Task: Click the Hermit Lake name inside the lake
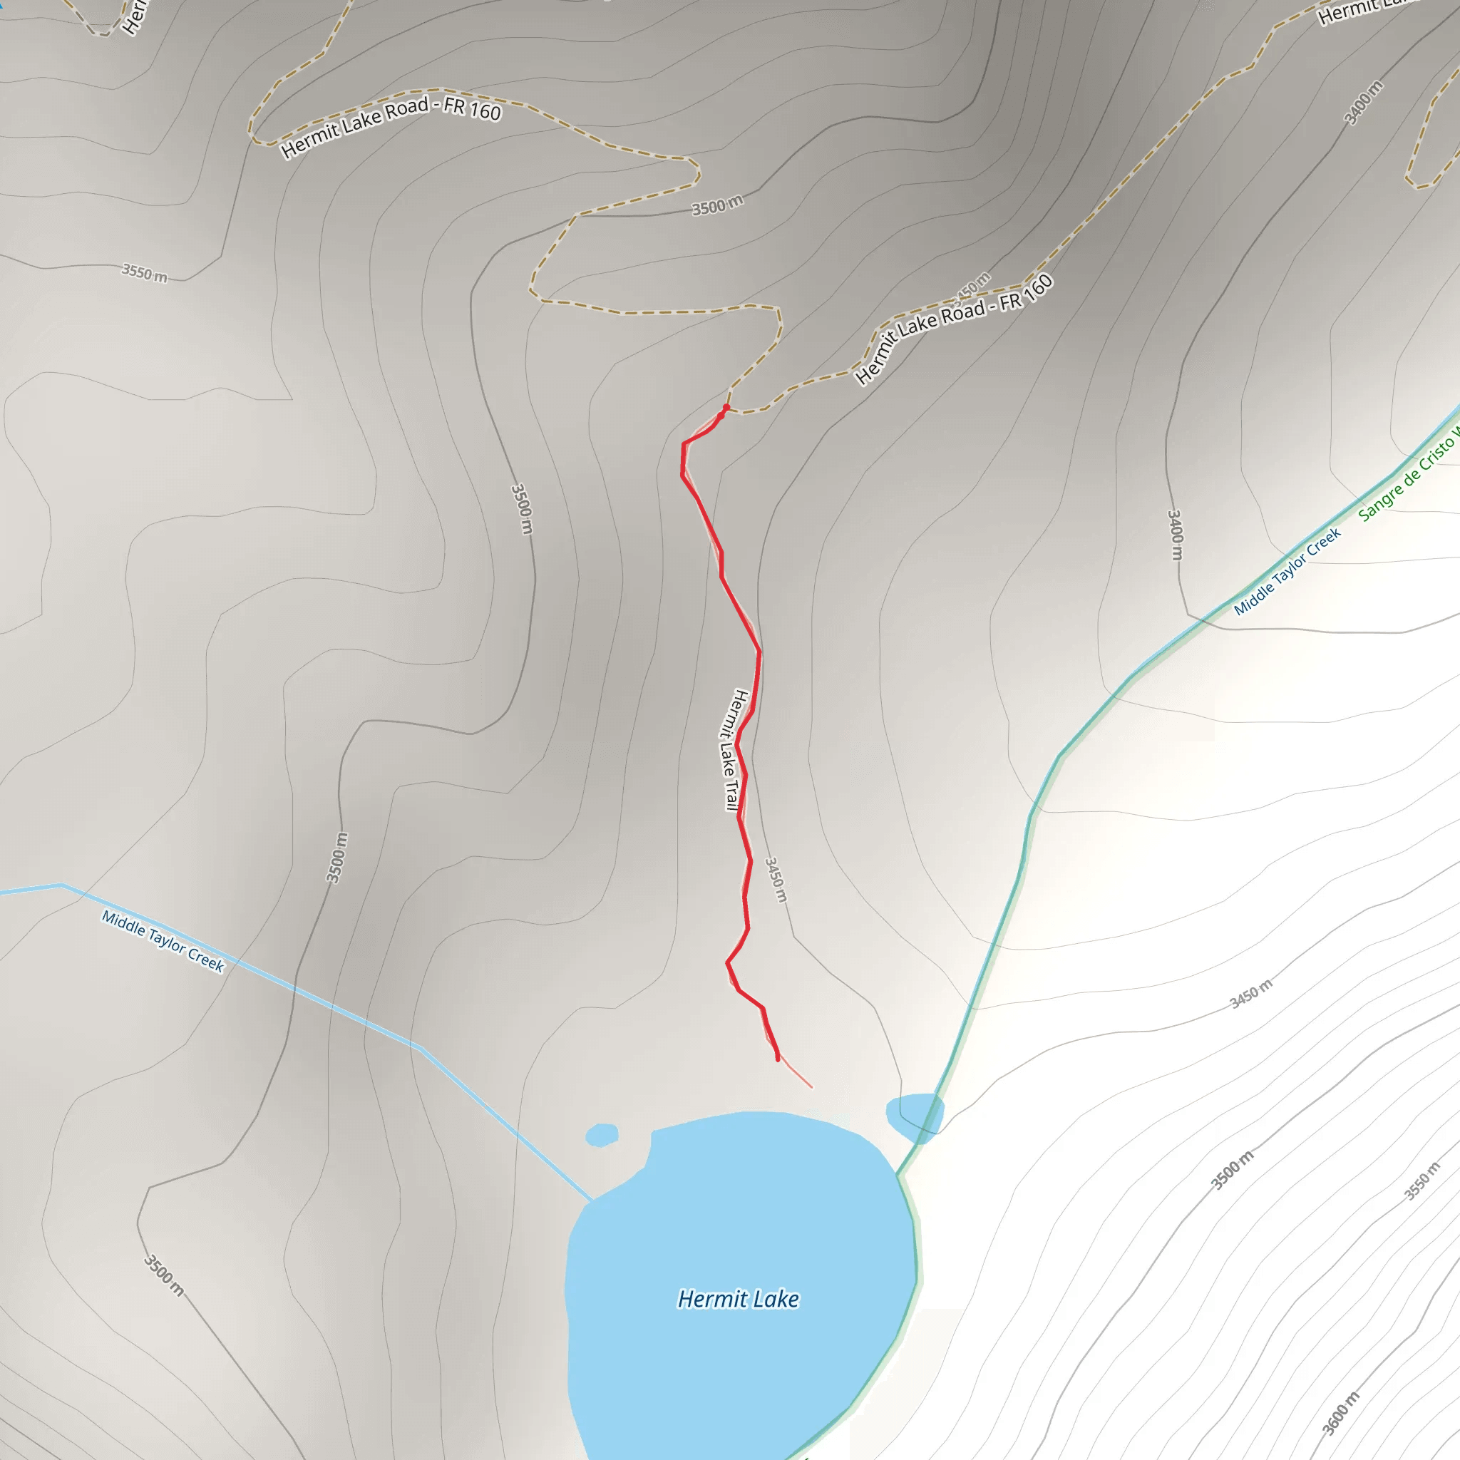(x=739, y=1299)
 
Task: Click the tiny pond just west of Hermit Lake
(x=602, y=1134)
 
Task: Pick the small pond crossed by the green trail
(x=915, y=1115)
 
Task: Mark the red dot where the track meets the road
(x=726, y=408)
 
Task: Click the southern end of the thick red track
(x=778, y=1059)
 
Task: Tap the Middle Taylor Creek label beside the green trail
(x=1287, y=571)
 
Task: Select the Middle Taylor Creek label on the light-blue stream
(x=163, y=942)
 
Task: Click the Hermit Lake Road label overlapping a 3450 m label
(x=954, y=328)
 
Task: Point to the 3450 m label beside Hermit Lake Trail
(x=776, y=880)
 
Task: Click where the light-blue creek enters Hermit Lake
(x=591, y=1199)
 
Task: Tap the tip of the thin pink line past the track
(x=811, y=1087)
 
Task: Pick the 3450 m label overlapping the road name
(x=972, y=287)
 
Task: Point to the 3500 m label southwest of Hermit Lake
(x=164, y=1275)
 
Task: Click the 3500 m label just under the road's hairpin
(x=717, y=205)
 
